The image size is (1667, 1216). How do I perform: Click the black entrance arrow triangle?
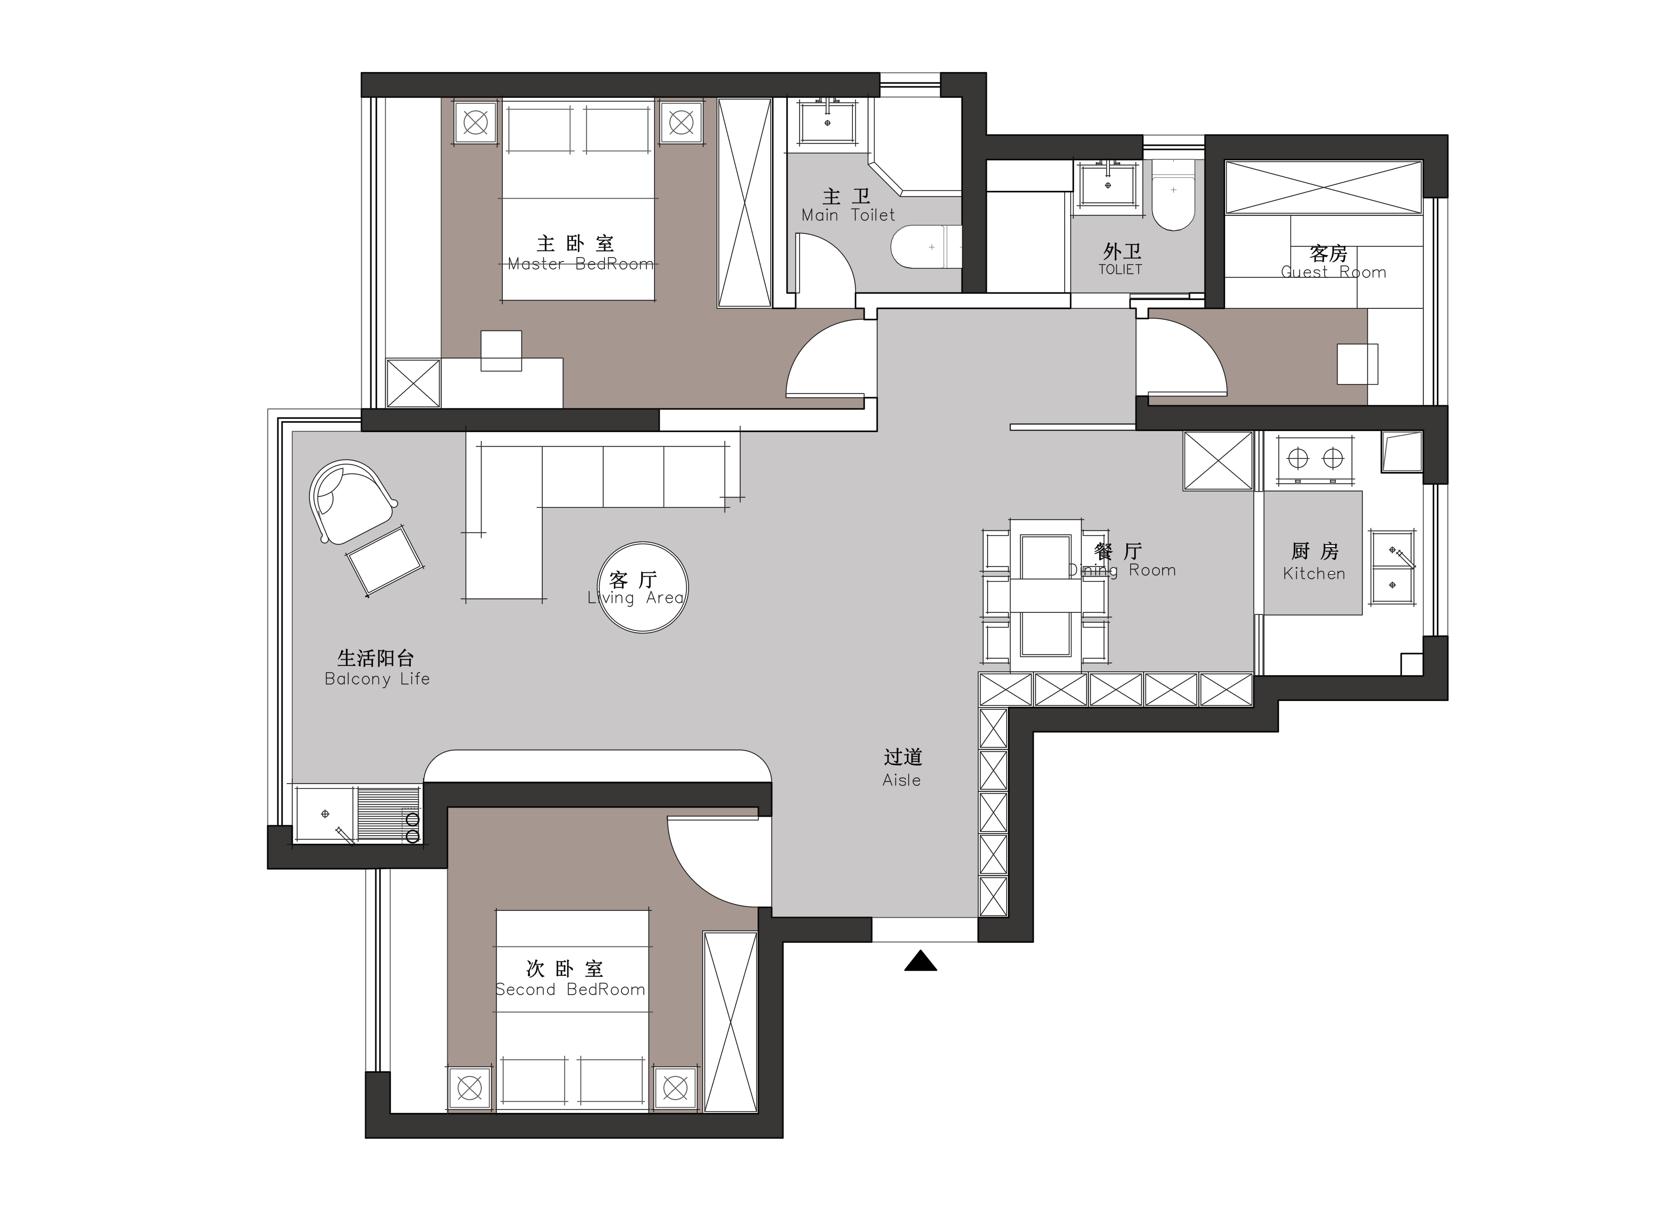[x=920, y=961]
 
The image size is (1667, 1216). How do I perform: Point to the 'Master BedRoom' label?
[x=580, y=263]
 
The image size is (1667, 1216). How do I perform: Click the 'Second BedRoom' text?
[x=570, y=989]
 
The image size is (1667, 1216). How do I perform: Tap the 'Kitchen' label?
[x=1314, y=573]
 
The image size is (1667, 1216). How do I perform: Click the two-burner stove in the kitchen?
[x=1315, y=460]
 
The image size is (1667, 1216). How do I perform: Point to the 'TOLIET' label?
[x=1120, y=269]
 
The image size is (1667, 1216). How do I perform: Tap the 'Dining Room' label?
[x=1122, y=570]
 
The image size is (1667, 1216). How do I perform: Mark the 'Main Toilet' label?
[x=848, y=215]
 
